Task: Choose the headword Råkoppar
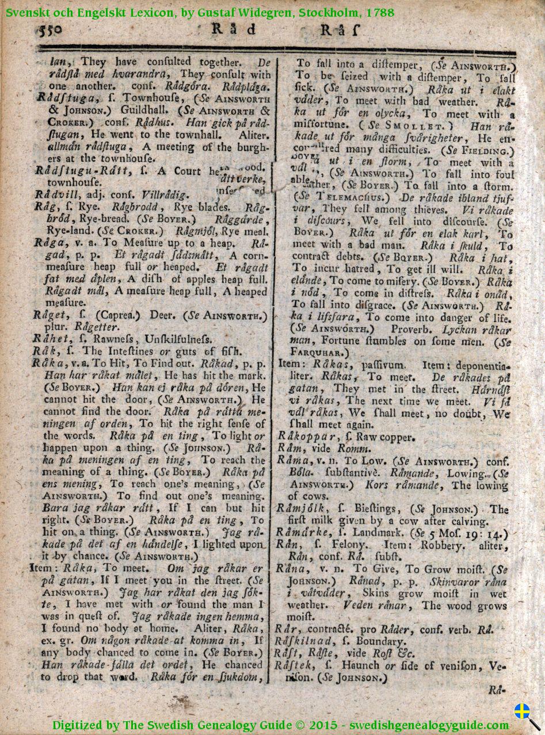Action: [305, 437]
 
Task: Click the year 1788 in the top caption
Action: [382, 12]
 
